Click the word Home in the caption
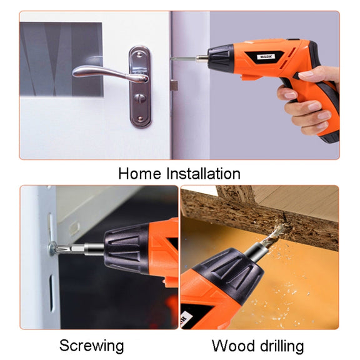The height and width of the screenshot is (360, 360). click(x=139, y=174)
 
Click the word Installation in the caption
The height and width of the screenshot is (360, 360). click(x=203, y=174)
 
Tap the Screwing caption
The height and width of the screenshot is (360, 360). click(x=92, y=346)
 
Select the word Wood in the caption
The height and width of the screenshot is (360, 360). click(x=233, y=346)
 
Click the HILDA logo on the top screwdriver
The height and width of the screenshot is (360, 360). click(x=266, y=56)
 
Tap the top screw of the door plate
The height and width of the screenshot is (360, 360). click(x=139, y=54)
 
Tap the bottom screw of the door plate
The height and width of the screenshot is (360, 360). click(x=140, y=119)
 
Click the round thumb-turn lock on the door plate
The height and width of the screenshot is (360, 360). click(x=140, y=99)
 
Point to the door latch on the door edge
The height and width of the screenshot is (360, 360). click(x=174, y=86)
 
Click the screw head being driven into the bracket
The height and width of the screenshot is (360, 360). click(x=52, y=248)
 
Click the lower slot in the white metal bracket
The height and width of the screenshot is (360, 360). click(x=52, y=293)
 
